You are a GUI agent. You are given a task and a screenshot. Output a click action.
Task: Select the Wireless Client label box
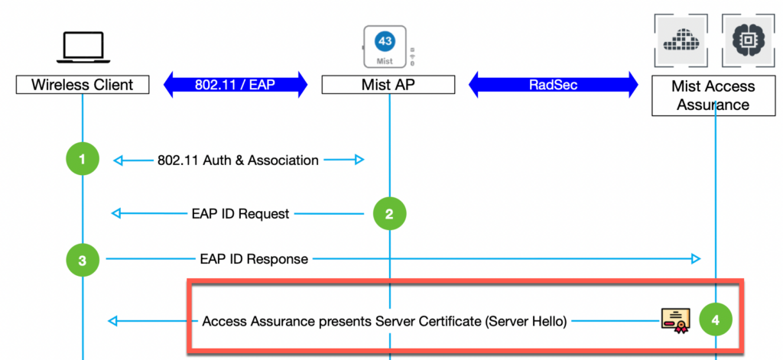pos(83,85)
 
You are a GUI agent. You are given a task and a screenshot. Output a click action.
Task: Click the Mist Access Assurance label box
pos(713,96)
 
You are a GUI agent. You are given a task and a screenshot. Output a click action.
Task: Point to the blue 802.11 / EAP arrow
pos(235,85)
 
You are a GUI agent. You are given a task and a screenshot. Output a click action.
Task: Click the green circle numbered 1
pos(83,160)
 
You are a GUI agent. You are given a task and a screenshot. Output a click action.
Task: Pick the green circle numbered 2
pos(389,214)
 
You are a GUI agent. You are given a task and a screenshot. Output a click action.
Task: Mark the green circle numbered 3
pos(83,259)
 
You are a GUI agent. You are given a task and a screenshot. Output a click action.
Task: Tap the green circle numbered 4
pos(715,321)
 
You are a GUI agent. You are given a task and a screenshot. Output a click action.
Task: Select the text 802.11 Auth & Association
pos(238,161)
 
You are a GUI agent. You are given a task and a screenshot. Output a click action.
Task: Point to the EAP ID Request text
pos(240,214)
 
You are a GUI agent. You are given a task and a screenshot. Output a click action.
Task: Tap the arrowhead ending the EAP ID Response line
pos(696,259)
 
